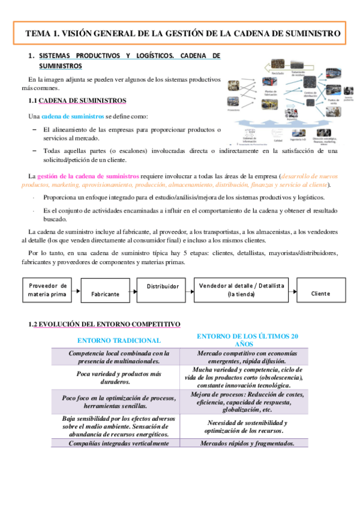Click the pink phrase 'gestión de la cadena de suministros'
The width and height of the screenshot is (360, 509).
(x=88, y=176)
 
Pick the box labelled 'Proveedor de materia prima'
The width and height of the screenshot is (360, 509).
(x=47, y=289)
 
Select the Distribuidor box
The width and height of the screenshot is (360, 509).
(x=163, y=287)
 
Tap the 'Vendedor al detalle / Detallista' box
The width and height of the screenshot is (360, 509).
(x=241, y=289)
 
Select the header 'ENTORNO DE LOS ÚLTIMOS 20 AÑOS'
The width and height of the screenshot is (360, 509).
(x=247, y=340)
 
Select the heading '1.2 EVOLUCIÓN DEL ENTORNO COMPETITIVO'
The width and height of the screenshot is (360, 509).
(x=104, y=324)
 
